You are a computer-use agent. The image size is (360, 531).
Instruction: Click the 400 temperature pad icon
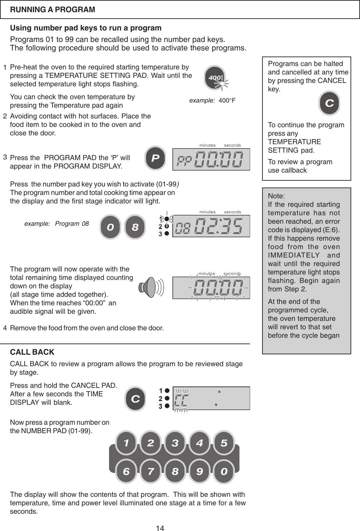point(215,78)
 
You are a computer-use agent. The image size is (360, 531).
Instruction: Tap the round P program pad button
point(155,158)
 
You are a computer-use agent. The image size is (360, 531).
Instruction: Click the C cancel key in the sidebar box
point(329,103)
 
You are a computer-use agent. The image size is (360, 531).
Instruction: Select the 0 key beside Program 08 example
point(110,227)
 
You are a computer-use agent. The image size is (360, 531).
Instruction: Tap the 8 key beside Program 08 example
point(135,227)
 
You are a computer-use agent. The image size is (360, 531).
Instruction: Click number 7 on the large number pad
point(151,471)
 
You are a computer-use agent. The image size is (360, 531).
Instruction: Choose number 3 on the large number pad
point(175,443)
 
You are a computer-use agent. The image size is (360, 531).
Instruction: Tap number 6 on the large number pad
point(126,471)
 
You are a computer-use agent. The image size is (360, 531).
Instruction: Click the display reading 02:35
point(211,226)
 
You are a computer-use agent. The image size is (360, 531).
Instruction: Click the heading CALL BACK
point(32,352)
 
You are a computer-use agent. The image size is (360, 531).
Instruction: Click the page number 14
point(161,528)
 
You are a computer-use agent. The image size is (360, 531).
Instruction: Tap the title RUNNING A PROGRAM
point(52,9)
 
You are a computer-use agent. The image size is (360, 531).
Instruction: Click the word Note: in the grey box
point(276,196)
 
